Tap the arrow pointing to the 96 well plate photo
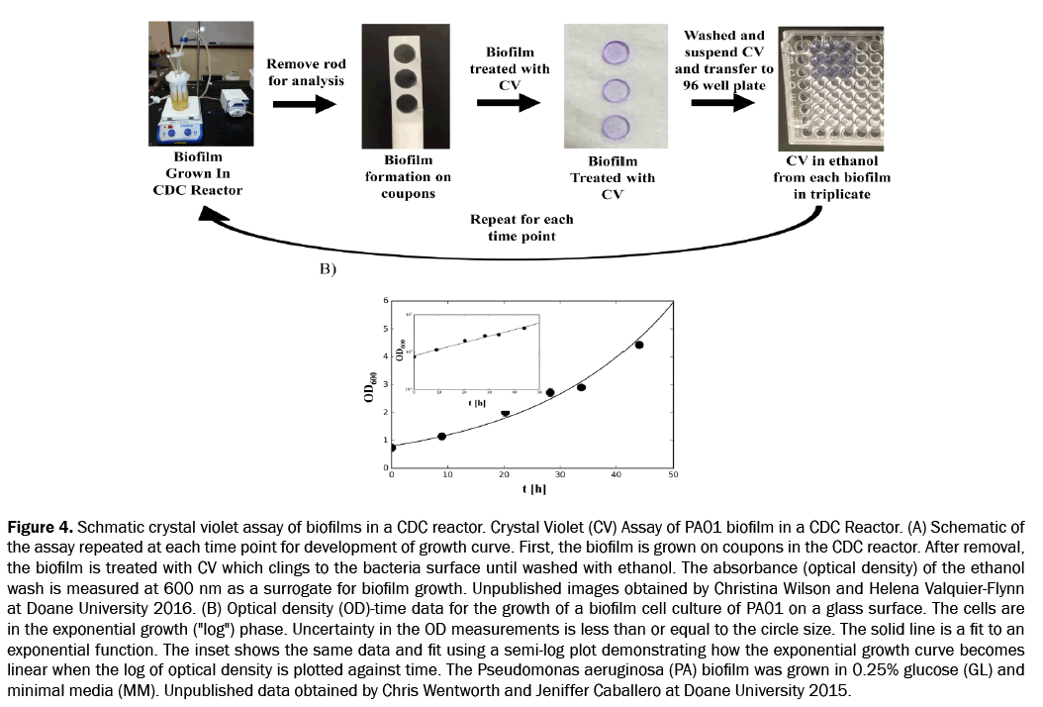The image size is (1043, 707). coord(723,104)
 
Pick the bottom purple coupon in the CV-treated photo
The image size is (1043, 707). coord(616,126)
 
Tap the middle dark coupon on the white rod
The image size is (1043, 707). coord(405,79)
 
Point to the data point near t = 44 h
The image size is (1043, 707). coord(639,345)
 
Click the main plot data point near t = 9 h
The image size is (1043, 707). coord(442,436)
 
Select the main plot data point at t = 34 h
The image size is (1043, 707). coord(582,386)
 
